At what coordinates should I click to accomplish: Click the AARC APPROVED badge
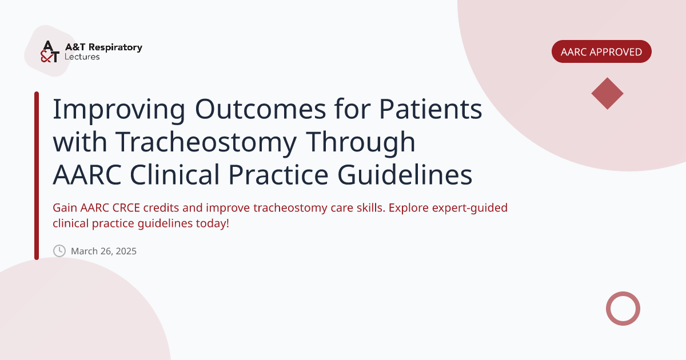tap(601, 51)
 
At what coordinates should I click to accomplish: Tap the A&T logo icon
tap(50, 51)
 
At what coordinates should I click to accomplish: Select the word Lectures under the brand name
tap(82, 57)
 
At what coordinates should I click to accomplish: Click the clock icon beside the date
tap(59, 251)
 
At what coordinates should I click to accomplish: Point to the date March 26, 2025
tap(103, 251)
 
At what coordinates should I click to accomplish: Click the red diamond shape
tap(607, 93)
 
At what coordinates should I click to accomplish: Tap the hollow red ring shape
tap(623, 309)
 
